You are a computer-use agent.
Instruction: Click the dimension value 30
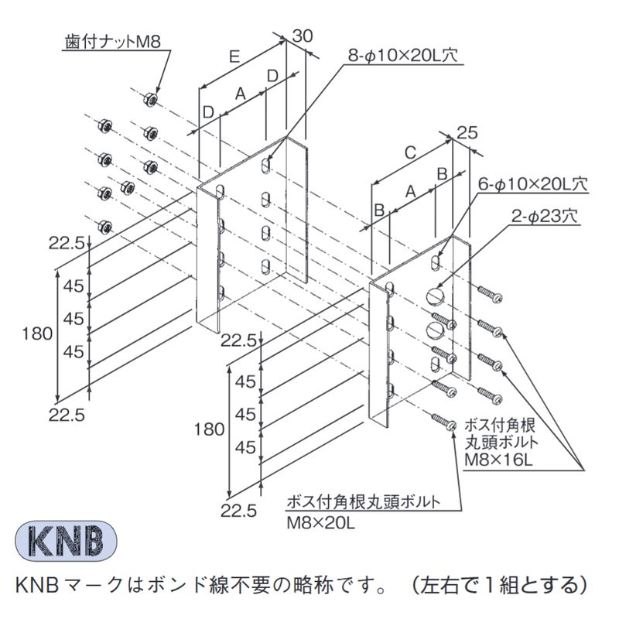[303, 36]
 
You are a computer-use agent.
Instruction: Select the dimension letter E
[234, 56]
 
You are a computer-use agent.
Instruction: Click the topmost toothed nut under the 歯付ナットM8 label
[150, 99]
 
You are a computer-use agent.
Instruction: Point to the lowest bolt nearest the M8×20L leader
[444, 421]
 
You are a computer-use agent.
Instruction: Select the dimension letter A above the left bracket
[241, 93]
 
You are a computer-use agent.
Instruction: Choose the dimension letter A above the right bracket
[410, 190]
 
